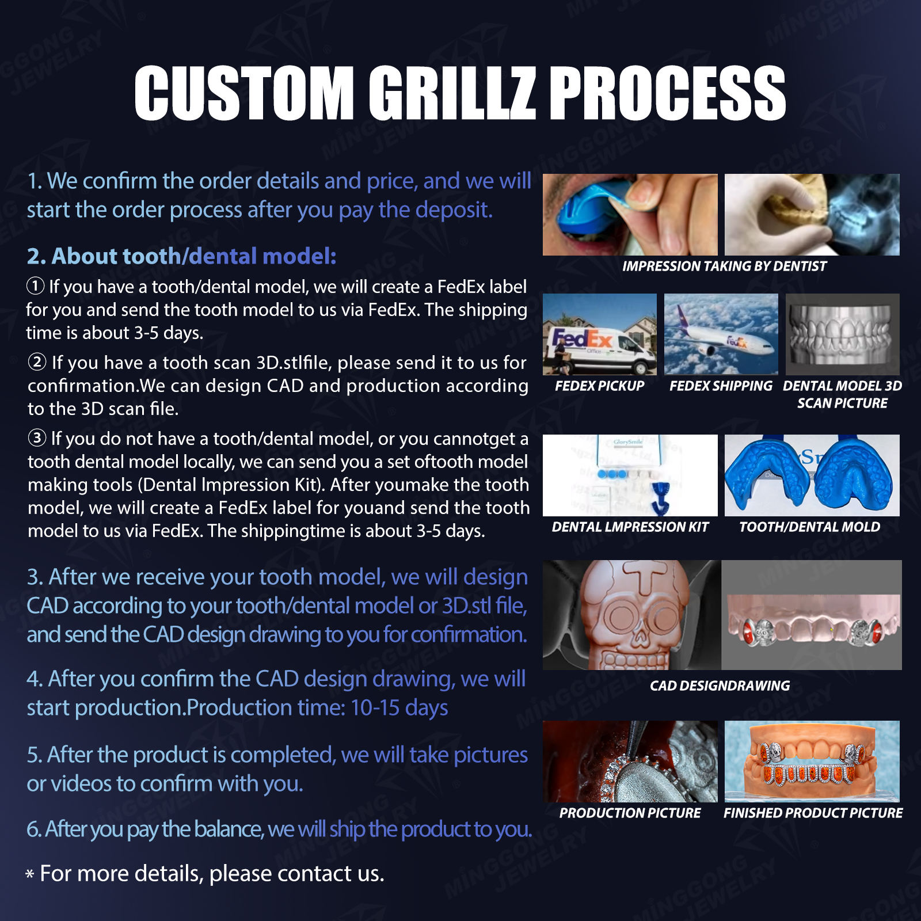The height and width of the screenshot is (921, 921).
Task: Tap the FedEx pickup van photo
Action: point(599,334)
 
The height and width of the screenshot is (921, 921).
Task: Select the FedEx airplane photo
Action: point(721,334)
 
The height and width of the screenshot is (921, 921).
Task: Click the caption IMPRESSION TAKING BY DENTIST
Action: point(724,266)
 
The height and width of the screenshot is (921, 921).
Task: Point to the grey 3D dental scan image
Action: point(842,334)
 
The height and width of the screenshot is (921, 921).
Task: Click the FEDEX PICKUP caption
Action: point(599,386)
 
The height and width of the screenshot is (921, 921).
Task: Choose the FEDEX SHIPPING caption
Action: point(721,386)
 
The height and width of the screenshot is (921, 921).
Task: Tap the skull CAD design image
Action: point(631,615)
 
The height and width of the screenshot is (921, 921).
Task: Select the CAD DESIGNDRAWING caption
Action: point(720,686)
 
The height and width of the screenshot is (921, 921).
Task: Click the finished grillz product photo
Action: point(812,761)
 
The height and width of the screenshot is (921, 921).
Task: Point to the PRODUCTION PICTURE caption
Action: point(630,813)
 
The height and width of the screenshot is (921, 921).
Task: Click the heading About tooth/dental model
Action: point(181,256)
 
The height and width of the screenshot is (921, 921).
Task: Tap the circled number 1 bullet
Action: point(36,286)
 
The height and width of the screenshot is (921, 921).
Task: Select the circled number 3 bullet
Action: point(37,438)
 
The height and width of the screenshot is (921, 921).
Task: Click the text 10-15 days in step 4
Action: point(399,707)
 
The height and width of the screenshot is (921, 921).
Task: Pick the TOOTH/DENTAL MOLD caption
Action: point(809,527)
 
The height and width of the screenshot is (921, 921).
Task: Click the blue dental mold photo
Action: point(812,475)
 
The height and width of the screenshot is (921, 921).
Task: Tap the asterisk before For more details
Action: point(30,874)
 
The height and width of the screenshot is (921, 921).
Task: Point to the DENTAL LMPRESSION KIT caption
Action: point(630,527)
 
